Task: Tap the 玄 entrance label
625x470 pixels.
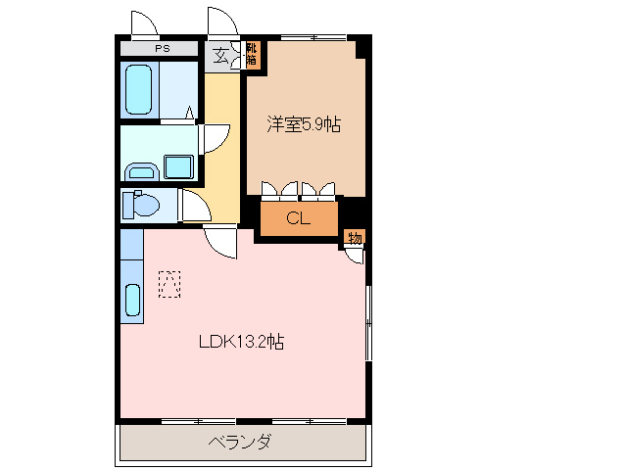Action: pos(221,56)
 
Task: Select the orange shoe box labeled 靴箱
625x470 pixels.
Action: pos(252,54)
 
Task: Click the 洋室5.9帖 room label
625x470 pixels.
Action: pos(305,124)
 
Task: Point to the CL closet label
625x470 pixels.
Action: pos(299,218)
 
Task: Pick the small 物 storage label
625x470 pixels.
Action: pos(354,237)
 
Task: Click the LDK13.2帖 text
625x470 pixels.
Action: pos(242,342)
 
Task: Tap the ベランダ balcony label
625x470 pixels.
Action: pos(240,443)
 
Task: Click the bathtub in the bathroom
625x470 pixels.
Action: pos(139,91)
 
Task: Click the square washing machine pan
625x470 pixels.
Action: pos(177,166)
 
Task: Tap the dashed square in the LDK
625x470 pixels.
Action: pos(169,285)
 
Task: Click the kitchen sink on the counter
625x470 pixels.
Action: pos(131,300)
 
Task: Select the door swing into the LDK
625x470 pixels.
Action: pos(222,242)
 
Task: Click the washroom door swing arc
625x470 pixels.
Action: pos(216,137)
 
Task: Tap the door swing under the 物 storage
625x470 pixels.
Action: pos(354,256)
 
